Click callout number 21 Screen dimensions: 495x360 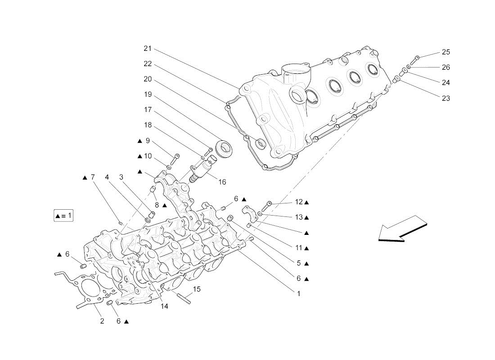pyautogui.click(x=148, y=49)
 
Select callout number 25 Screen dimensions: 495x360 pyautogui.click(x=446, y=52)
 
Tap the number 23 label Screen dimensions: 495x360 pyautogui.click(x=446, y=99)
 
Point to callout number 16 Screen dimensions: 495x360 pyautogui.click(x=222, y=182)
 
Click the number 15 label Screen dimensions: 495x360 pyautogui.click(x=197, y=289)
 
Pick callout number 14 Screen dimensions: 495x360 pyautogui.click(x=164, y=306)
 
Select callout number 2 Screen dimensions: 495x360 pyautogui.click(x=102, y=321)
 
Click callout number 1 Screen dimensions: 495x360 pyautogui.click(x=299, y=294)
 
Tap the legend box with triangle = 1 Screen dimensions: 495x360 pyautogui.click(x=63, y=216)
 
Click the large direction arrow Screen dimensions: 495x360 pyautogui.click(x=402, y=229)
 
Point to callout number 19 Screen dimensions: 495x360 pyautogui.click(x=148, y=94)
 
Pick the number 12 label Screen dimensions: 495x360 pyautogui.click(x=299, y=202)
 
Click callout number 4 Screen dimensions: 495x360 pyautogui.click(x=107, y=177)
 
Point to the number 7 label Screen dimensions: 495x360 pyautogui.click(x=93, y=177)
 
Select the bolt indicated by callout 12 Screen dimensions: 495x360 pyautogui.click(x=266, y=206)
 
